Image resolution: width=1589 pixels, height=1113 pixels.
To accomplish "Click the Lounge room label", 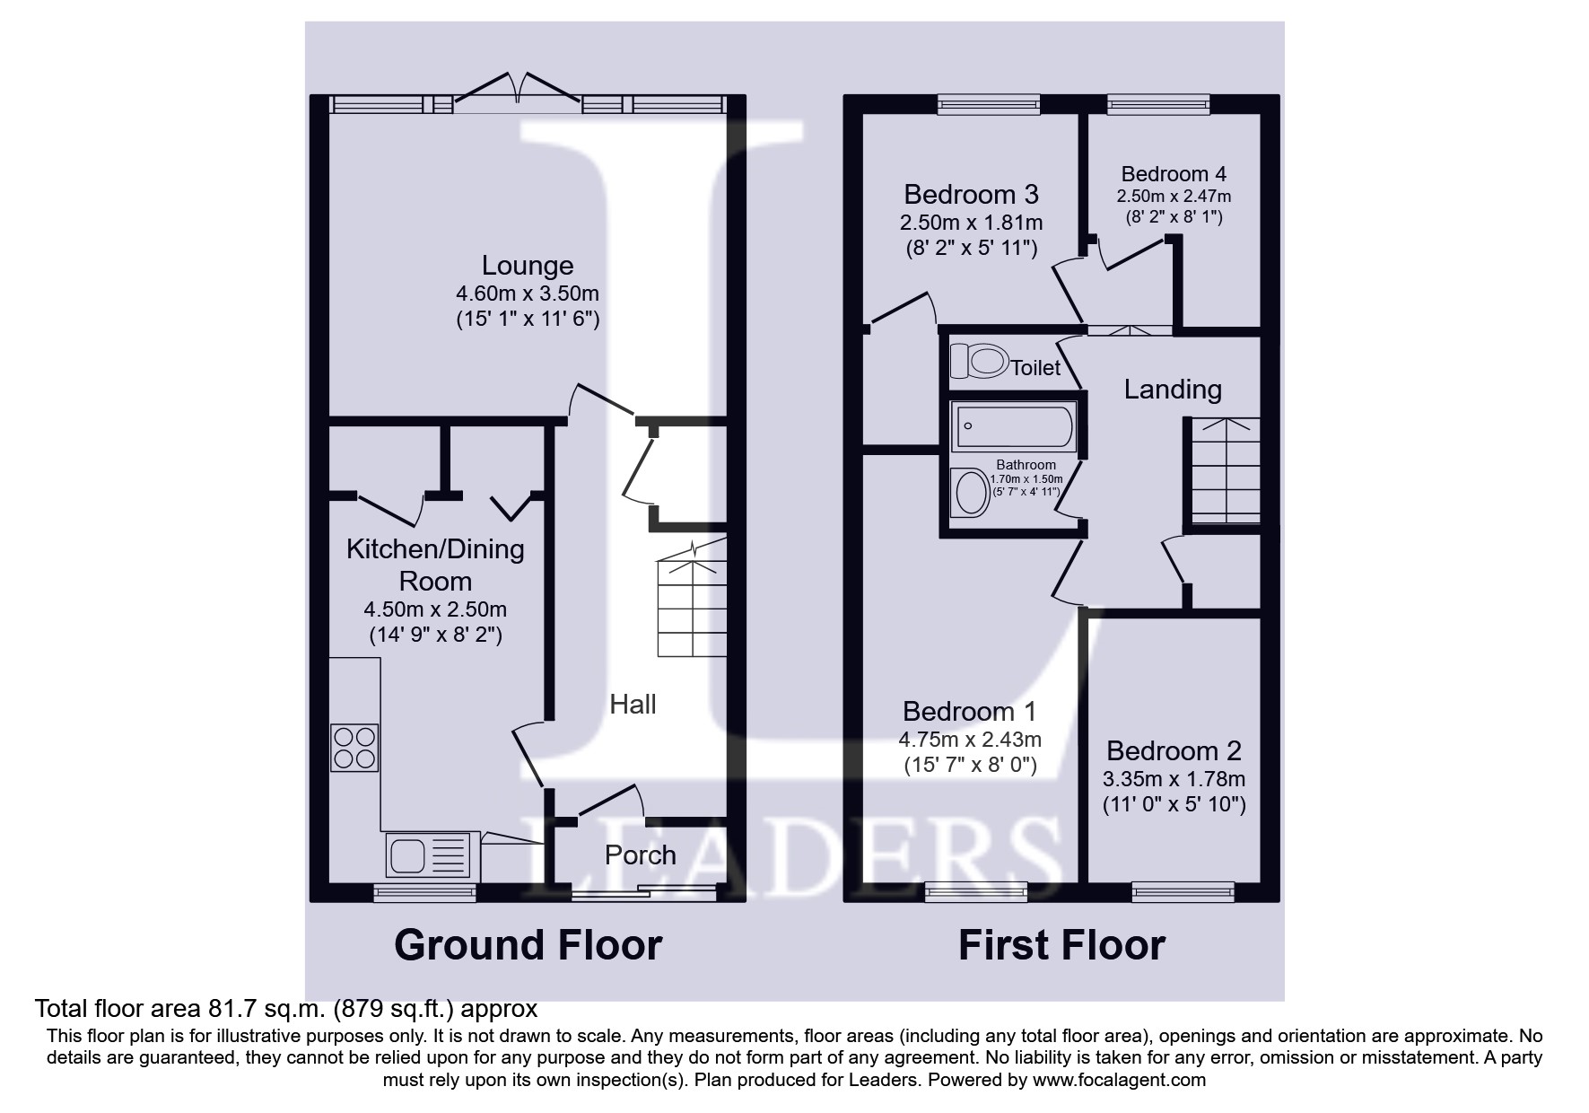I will tap(527, 266).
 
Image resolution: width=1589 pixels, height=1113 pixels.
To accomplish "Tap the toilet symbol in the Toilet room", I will tap(977, 362).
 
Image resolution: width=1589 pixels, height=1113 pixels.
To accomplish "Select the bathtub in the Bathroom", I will tap(1014, 427).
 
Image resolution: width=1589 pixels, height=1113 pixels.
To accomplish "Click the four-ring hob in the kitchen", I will tap(354, 748).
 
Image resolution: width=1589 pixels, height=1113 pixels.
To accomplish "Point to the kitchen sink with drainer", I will tap(429, 854).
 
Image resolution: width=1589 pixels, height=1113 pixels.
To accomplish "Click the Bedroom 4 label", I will tap(1174, 174).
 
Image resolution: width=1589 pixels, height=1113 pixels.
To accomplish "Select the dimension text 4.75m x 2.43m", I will tap(969, 740).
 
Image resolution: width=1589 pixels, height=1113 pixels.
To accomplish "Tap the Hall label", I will tap(633, 705).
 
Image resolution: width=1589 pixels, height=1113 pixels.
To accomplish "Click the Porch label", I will tap(640, 855).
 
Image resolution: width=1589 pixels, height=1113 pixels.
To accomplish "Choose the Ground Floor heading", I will tap(528, 945).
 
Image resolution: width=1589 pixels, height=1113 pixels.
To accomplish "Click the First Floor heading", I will tap(1061, 945).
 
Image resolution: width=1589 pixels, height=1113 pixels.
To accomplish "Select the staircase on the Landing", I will tap(1225, 471).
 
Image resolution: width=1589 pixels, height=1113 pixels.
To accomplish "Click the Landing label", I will tap(1173, 390).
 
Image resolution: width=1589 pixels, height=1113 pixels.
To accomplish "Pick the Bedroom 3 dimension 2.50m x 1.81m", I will tap(971, 222).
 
